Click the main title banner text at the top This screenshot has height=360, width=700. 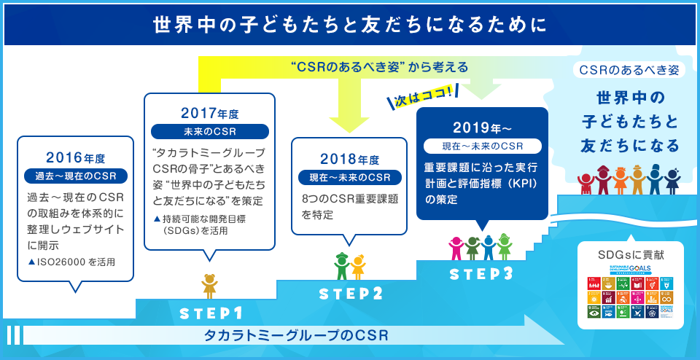[x=349, y=25]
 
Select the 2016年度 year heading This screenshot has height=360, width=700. [x=75, y=157]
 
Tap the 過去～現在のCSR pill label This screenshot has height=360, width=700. [x=75, y=176]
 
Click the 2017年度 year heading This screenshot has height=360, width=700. [x=209, y=114]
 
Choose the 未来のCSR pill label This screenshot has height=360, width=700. [x=209, y=132]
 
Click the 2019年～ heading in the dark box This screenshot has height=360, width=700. [x=481, y=128]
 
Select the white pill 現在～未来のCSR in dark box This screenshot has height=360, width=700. [x=481, y=146]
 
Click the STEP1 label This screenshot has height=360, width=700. [x=211, y=313]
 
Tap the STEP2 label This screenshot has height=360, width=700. [x=351, y=294]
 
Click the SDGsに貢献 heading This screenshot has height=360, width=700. [x=630, y=255]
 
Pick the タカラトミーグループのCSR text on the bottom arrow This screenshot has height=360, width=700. [x=295, y=335]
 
